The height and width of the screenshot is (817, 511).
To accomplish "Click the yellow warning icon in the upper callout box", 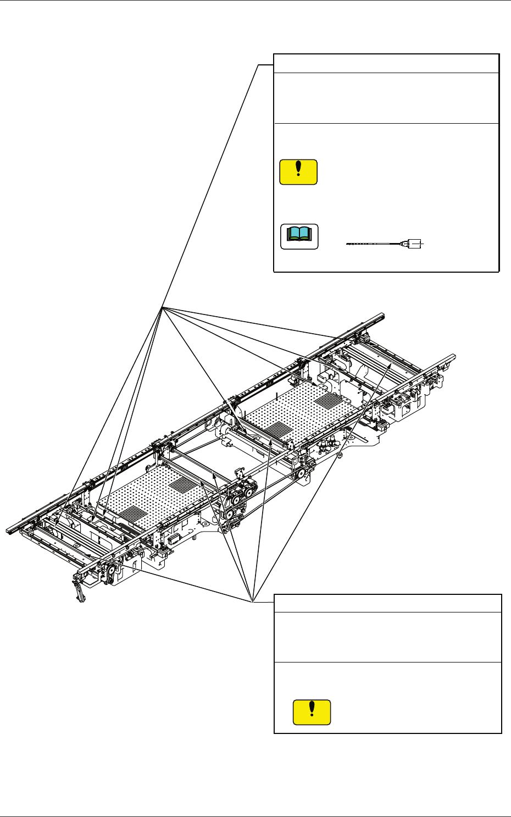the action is [x=298, y=172].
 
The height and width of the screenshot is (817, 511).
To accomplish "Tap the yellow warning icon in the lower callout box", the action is [x=312, y=712].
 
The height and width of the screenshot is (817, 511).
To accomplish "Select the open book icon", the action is [x=299, y=236].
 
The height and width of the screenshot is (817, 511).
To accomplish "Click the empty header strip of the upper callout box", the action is [x=386, y=63].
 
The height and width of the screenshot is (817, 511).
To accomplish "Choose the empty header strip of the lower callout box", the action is [x=387, y=603].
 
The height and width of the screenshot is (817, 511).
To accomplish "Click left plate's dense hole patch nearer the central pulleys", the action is [x=181, y=484].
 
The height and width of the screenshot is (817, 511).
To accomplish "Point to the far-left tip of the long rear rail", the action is [x=8, y=531].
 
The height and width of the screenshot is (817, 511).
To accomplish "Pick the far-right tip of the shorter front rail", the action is [x=453, y=356].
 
